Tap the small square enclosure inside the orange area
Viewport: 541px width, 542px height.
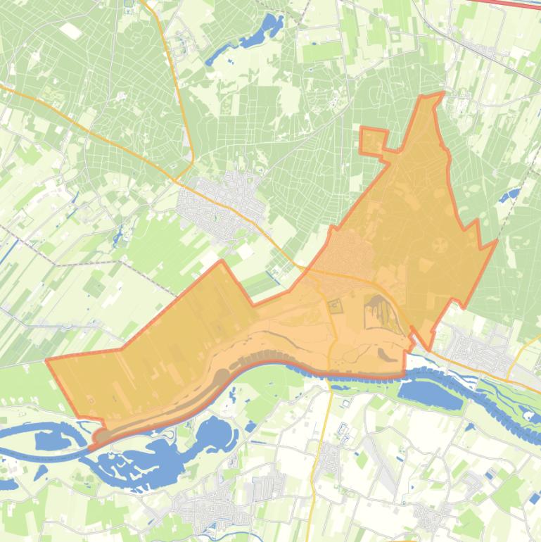pyautogui.click(x=335, y=305)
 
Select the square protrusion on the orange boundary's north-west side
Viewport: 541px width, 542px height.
pyautogui.click(x=374, y=141)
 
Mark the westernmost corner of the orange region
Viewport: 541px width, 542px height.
pyautogui.click(x=47, y=360)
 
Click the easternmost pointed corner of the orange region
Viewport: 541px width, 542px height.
pyautogui.click(x=497, y=241)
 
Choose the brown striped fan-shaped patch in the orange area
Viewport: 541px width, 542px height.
pyautogui.click(x=378, y=310)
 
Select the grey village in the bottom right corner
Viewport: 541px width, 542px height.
pyautogui.click(x=431, y=517)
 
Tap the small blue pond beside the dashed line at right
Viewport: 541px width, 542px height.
pyautogui.click(x=511, y=194)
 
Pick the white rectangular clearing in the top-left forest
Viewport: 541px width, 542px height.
pyautogui.click(x=70, y=30)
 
